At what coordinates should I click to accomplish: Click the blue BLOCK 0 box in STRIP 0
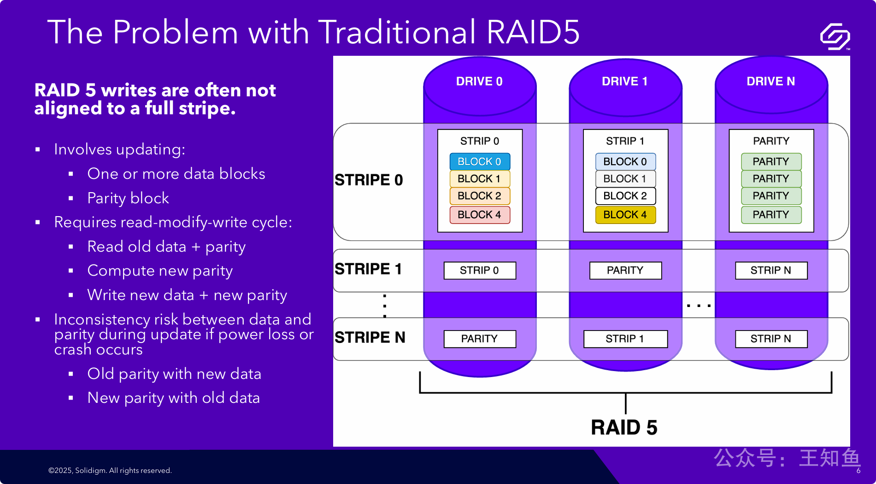[x=479, y=162]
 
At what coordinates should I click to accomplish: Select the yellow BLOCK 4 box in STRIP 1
[x=625, y=215]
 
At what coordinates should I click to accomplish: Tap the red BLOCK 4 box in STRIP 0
[x=479, y=215]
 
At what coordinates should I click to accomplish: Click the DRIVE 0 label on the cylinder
[x=479, y=82]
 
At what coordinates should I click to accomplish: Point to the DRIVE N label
[x=770, y=82]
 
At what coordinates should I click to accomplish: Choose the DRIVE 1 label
[x=625, y=82]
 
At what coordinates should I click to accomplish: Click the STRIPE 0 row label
[x=369, y=180]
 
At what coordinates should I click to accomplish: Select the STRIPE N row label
[x=370, y=337]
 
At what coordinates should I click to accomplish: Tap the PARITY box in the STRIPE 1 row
[x=625, y=271]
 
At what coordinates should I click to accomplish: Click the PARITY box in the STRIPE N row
[x=479, y=339]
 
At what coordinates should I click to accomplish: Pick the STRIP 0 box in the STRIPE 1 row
[x=479, y=271]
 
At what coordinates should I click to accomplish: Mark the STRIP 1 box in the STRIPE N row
[x=625, y=339]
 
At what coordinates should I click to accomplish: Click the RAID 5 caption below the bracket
[x=624, y=427]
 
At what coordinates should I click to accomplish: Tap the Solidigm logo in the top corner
[x=835, y=36]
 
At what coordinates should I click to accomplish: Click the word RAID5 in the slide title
[x=533, y=32]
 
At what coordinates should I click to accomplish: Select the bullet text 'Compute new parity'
[x=160, y=271]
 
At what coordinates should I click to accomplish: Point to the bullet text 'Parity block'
[x=128, y=198]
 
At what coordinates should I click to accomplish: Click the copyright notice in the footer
[x=110, y=471]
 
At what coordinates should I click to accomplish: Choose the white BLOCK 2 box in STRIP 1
[x=625, y=196]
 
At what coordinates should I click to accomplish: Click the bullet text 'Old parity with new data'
[x=174, y=374]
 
